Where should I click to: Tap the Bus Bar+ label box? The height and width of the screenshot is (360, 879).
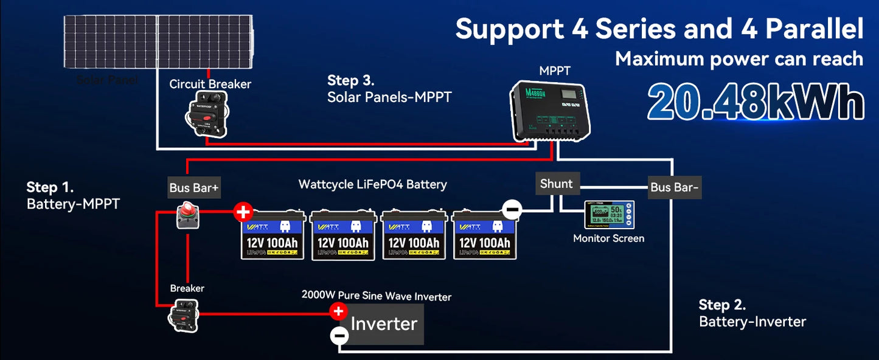point(194,188)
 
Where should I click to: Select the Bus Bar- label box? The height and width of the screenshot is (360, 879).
point(674,187)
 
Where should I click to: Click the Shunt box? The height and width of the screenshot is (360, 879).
point(557,184)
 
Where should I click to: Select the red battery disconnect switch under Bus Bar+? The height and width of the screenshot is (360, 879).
point(188,216)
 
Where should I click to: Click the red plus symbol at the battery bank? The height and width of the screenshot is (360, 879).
point(243,212)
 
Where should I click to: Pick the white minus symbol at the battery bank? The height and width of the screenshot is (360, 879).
point(512,210)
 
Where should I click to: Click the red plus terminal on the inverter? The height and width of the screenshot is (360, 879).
point(338,311)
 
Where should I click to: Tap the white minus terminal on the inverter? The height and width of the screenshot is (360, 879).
point(339,336)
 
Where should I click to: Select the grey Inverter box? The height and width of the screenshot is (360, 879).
point(384,324)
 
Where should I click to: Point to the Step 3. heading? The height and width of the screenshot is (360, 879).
point(350,80)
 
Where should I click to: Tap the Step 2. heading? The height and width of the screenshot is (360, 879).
point(722,305)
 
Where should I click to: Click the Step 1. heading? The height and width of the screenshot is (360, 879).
point(50,187)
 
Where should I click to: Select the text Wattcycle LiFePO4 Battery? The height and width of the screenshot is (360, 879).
point(372,184)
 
